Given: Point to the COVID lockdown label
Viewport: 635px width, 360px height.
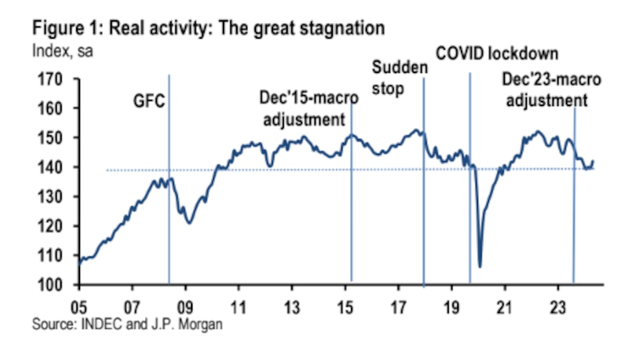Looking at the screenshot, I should (497, 53).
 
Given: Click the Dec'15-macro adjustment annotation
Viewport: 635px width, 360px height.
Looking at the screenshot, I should (309, 109).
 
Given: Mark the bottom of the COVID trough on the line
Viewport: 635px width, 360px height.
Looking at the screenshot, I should (480, 267).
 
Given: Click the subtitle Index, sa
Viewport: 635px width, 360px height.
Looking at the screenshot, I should (62, 51).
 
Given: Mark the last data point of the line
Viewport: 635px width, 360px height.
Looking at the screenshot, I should (593, 161).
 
